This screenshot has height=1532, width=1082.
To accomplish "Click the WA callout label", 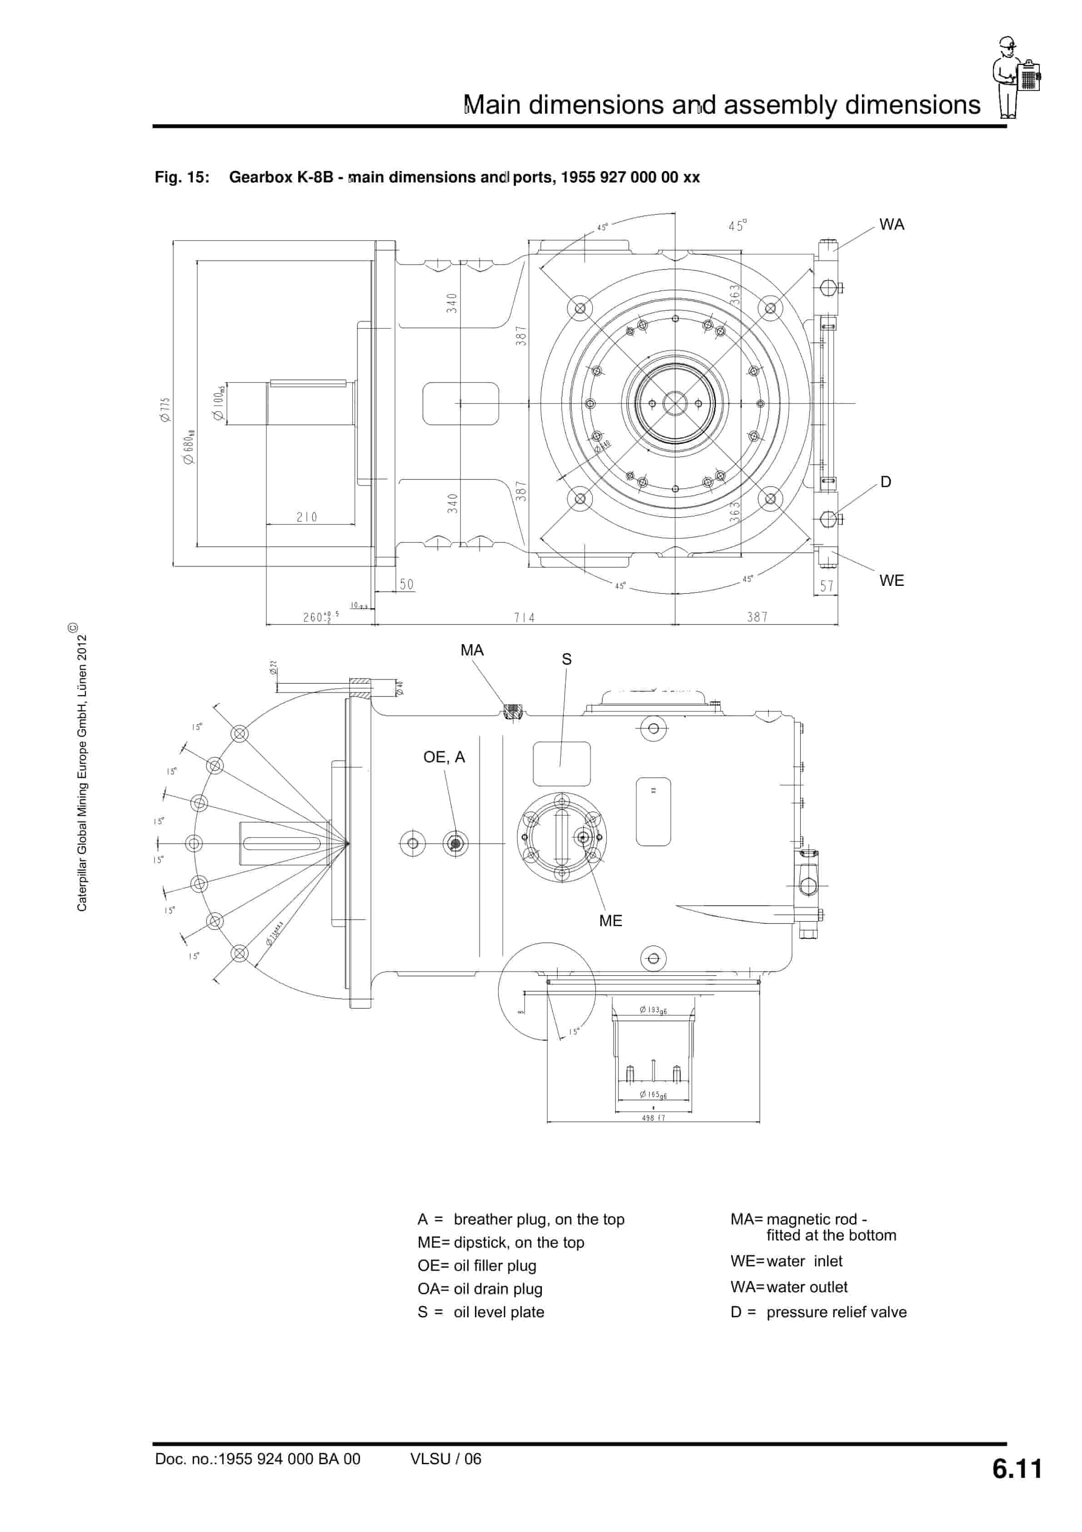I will click(x=891, y=225).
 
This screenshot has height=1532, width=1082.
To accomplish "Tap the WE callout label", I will click(x=891, y=580).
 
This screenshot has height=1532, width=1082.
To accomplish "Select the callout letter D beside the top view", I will click(x=885, y=482).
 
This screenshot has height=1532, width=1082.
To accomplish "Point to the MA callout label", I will click(x=471, y=650).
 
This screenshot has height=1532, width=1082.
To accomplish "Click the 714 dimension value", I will click(x=524, y=617).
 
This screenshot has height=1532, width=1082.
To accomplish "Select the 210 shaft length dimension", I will click(x=307, y=517).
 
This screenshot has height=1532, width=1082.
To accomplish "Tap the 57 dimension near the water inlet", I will click(x=827, y=586).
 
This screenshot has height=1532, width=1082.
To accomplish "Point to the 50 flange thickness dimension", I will click(x=406, y=585).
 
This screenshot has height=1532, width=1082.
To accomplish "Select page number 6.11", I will click(x=1017, y=1469).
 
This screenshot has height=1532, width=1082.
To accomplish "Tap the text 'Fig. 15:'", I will click(x=181, y=177).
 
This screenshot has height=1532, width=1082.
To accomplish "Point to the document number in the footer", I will click(x=257, y=1459).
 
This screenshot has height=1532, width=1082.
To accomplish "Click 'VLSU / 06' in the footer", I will click(x=446, y=1459).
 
